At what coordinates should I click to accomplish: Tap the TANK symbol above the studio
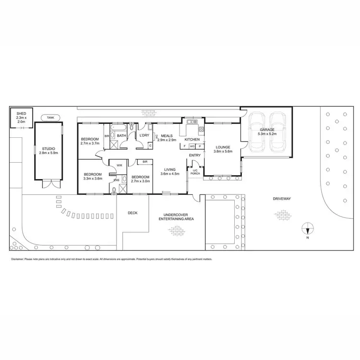click(50, 117)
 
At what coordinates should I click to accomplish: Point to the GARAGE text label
click(267, 130)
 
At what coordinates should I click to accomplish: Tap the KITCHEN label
click(192, 139)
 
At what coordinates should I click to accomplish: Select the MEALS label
click(167, 136)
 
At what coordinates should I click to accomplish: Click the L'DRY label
click(144, 136)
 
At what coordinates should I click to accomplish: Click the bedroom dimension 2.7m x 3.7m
click(89, 143)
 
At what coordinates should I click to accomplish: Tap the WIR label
click(119, 166)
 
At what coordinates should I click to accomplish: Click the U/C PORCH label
click(195, 171)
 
